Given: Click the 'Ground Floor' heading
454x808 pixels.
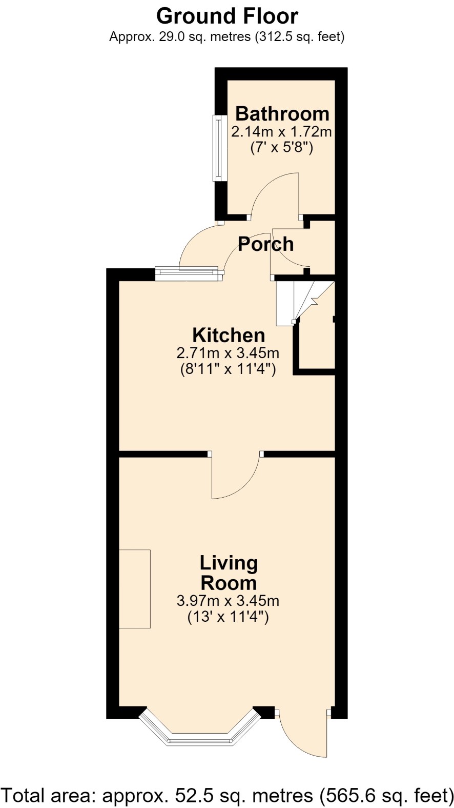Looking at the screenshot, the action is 227,16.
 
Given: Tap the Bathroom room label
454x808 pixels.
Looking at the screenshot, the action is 282,113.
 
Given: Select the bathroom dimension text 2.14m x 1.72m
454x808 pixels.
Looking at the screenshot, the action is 281,132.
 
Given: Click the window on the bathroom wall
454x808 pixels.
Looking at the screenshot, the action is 219,148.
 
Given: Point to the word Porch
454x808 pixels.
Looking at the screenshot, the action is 266,244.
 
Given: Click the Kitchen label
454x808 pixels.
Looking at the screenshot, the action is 229,335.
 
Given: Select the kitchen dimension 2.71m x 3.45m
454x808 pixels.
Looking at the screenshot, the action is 228,353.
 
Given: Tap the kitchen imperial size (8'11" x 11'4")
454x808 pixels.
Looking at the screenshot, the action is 228,370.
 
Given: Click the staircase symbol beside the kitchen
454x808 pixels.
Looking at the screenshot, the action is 305,303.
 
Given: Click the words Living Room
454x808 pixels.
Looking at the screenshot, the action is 229,573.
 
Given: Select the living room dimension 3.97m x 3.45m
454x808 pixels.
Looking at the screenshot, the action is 228,601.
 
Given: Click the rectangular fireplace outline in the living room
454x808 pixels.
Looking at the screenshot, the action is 135,589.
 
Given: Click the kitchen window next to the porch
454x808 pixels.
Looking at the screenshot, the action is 187,273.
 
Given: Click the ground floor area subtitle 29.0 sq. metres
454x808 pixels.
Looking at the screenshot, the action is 227,37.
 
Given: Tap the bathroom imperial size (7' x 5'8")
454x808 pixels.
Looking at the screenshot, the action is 281,148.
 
